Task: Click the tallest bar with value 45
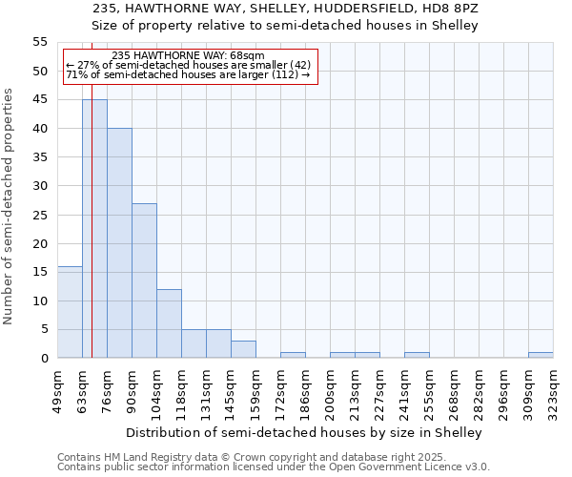point(94,229)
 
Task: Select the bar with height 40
point(119,243)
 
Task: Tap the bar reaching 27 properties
point(144,280)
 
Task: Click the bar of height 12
point(169,323)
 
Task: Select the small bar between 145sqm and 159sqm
point(243,349)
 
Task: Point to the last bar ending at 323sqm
point(541,355)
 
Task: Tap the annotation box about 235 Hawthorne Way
point(188,65)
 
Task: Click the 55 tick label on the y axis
point(40,42)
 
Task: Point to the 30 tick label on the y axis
point(40,186)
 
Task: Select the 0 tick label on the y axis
point(44,358)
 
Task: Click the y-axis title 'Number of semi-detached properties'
point(9,206)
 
